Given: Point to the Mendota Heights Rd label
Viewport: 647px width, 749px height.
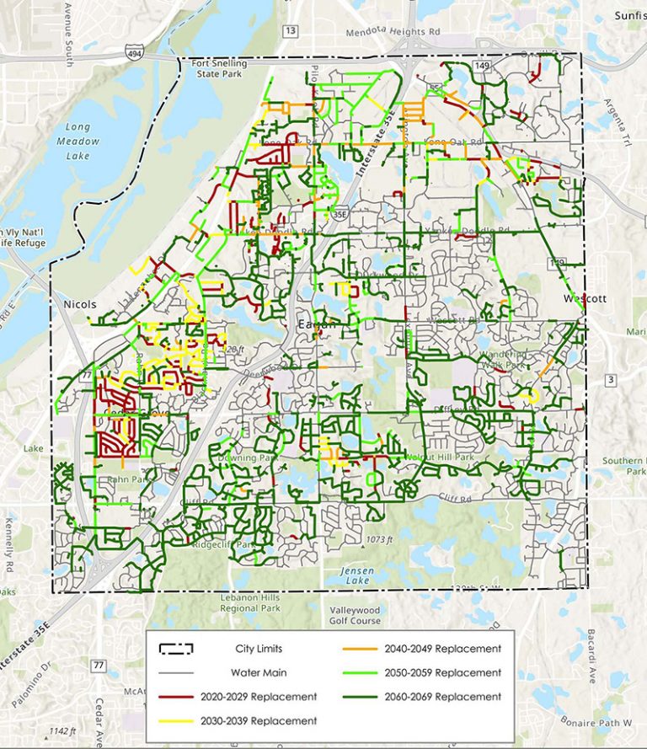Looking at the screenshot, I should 393,32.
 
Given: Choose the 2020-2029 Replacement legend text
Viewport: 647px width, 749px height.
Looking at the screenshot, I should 259,697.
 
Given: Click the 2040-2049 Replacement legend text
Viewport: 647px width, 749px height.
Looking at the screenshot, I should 442,649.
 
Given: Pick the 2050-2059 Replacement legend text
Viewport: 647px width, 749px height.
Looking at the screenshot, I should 442,672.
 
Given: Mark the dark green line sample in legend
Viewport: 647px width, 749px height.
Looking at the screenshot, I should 359,697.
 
